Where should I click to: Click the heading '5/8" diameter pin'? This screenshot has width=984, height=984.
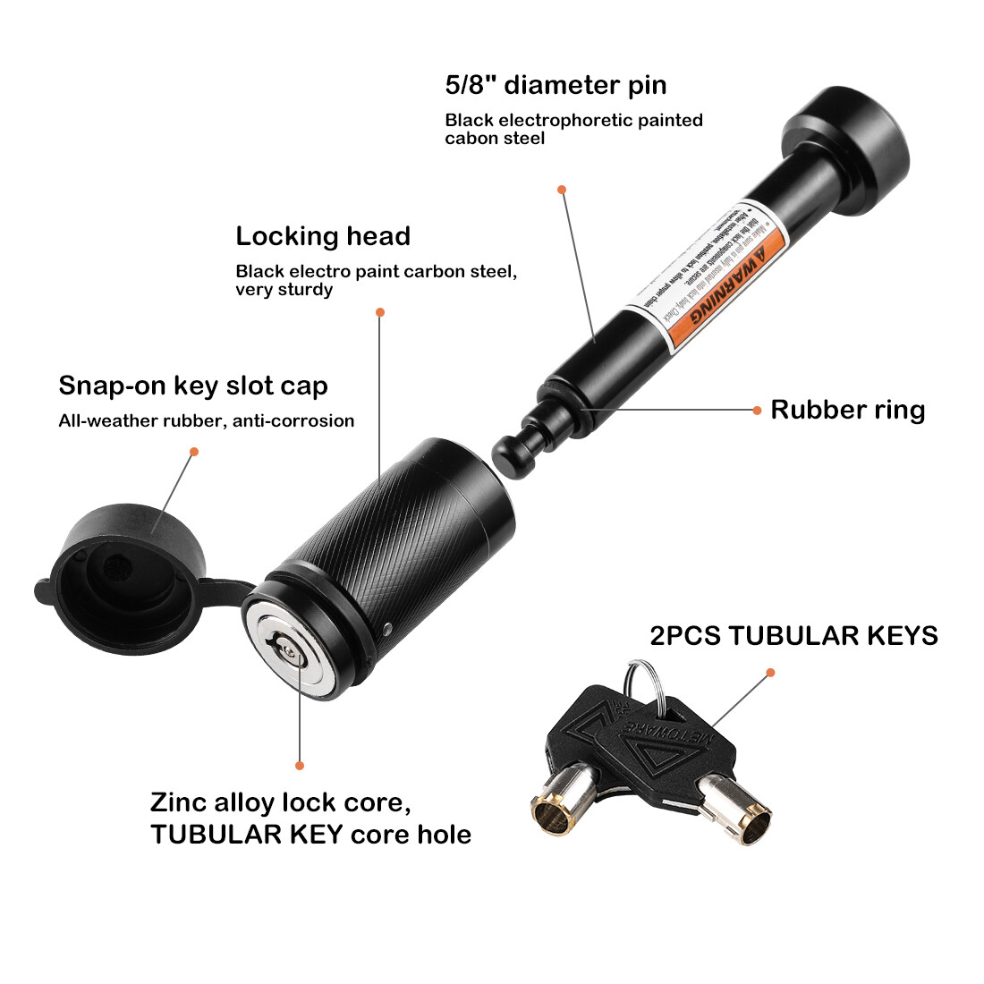point(556,86)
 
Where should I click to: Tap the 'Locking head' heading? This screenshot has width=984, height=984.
point(323,237)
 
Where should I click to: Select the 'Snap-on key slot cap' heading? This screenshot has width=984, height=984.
point(193,386)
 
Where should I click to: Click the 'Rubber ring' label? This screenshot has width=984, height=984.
point(847,410)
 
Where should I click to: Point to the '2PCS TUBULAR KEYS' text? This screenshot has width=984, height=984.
point(793,636)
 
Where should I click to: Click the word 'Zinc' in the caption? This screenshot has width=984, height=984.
point(181,802)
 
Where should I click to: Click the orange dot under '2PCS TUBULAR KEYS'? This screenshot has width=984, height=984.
point(770,673)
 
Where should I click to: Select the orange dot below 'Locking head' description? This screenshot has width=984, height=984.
point(380,312)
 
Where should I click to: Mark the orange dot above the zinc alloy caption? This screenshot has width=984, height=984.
point(300,766)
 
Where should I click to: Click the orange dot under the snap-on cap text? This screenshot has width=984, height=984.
point(194,452)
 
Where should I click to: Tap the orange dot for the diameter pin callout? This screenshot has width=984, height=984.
point(562,190)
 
